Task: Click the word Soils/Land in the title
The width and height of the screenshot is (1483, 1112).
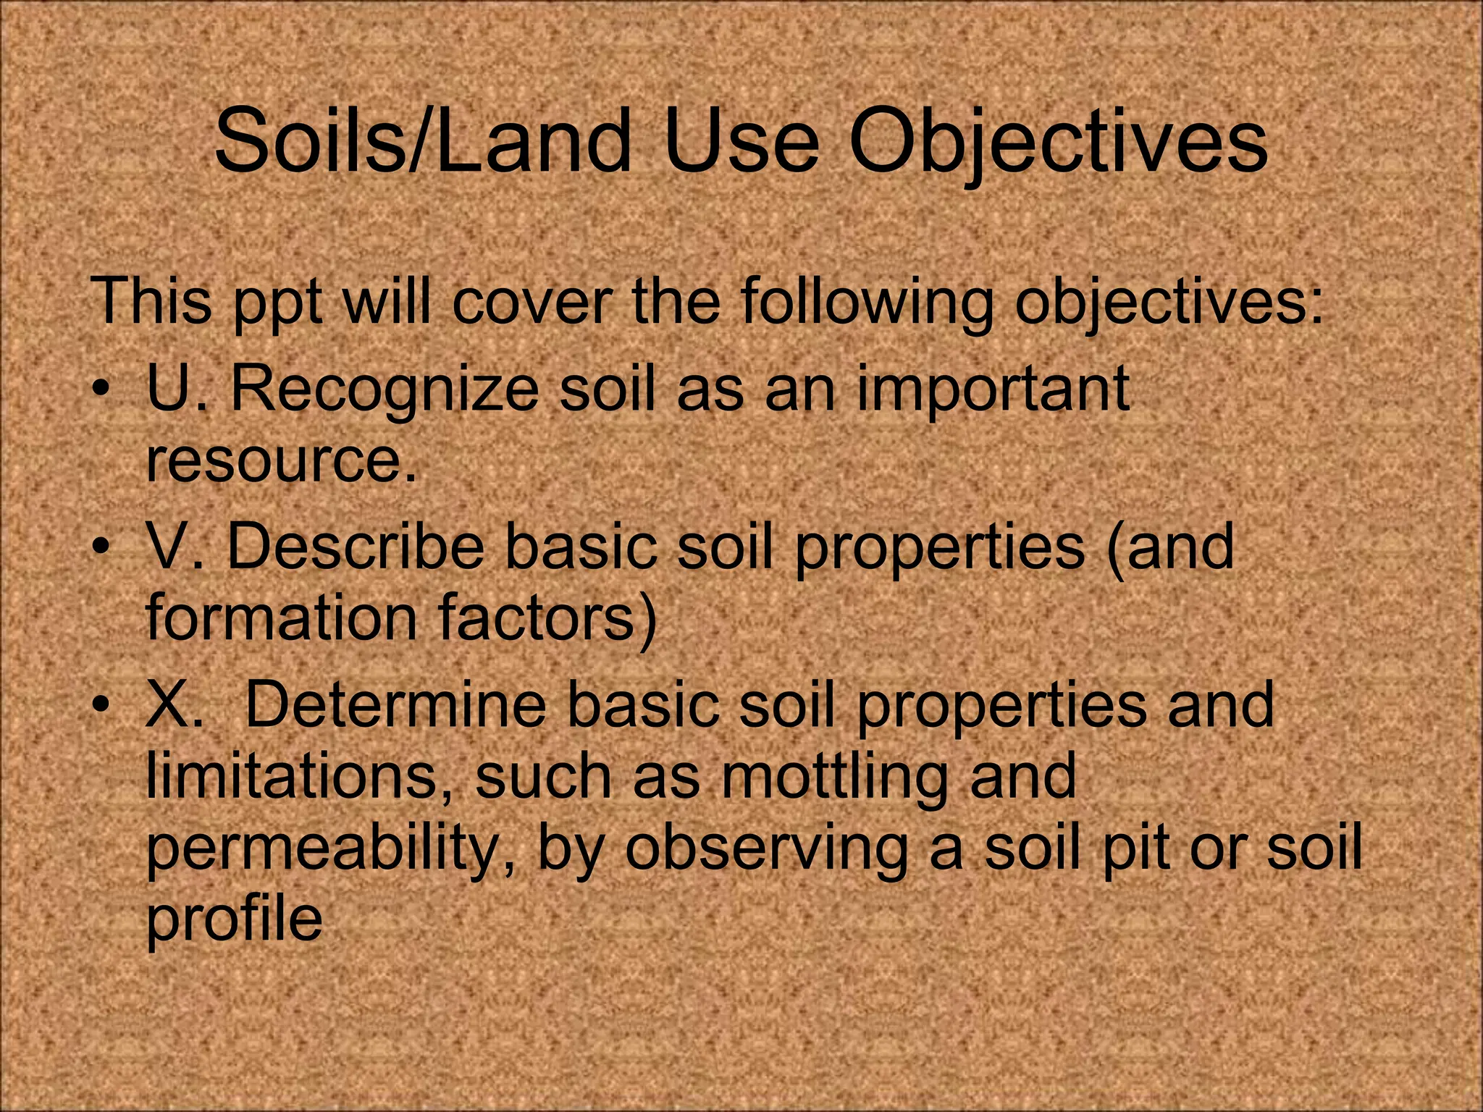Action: pos(424,141)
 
